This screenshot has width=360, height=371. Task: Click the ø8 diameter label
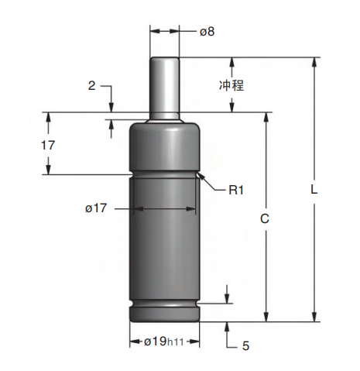point(207,32)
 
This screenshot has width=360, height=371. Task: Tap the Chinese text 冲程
point(231,85)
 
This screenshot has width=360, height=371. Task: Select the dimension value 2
point(91,85)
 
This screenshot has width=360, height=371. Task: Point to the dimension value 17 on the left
point(48,145)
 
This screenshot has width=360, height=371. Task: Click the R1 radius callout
point(236,191)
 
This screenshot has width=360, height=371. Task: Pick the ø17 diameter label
point(96,208)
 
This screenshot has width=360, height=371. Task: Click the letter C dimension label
point(265,218)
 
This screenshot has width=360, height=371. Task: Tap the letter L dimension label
point(314,190)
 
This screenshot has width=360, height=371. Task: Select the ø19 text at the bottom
point(155,342)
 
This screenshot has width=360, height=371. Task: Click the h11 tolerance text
point(176,342)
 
